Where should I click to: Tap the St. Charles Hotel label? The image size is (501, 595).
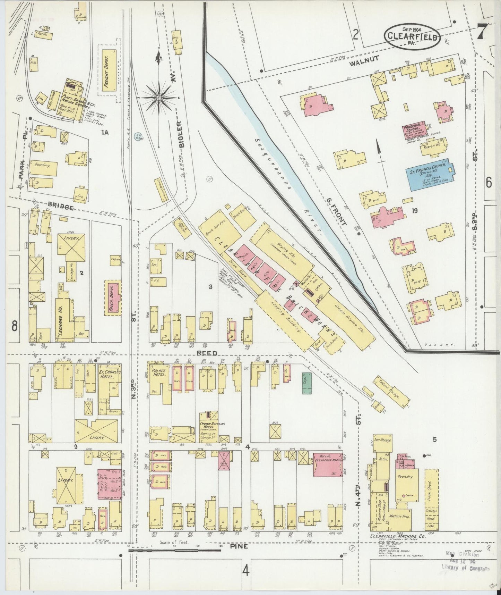coord(108,375)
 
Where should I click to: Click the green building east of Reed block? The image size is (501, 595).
coord(306,383)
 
